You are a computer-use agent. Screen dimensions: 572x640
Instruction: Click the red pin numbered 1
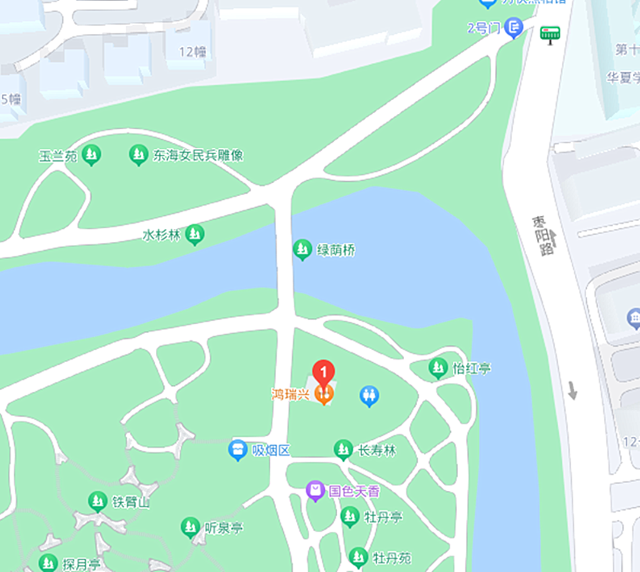point(324,372)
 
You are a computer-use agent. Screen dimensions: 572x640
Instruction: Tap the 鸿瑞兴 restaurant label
point(290,394)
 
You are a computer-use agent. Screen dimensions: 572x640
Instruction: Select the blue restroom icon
point(369,395)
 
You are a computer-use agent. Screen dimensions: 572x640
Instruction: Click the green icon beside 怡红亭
point(438,368)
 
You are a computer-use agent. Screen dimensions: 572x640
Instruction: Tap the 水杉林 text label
point(161,235)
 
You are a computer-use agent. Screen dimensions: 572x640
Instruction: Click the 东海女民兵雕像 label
point(198,155)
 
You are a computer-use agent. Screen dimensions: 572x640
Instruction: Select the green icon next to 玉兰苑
point(91,155)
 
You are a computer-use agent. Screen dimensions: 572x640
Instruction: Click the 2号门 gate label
point(484,28)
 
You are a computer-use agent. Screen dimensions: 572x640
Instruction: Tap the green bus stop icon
point(550,35)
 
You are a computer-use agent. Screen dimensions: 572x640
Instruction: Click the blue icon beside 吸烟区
point(238,450)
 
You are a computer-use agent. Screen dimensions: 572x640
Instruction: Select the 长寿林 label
point(376,450)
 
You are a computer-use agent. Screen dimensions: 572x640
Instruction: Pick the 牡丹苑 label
point(392,558)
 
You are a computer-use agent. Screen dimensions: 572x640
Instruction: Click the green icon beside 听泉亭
point(190,526)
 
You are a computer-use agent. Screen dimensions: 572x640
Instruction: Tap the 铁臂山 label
point(131,503)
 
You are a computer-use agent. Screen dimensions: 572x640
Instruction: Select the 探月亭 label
point(82,563)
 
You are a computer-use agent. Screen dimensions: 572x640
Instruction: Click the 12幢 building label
point(193,52)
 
